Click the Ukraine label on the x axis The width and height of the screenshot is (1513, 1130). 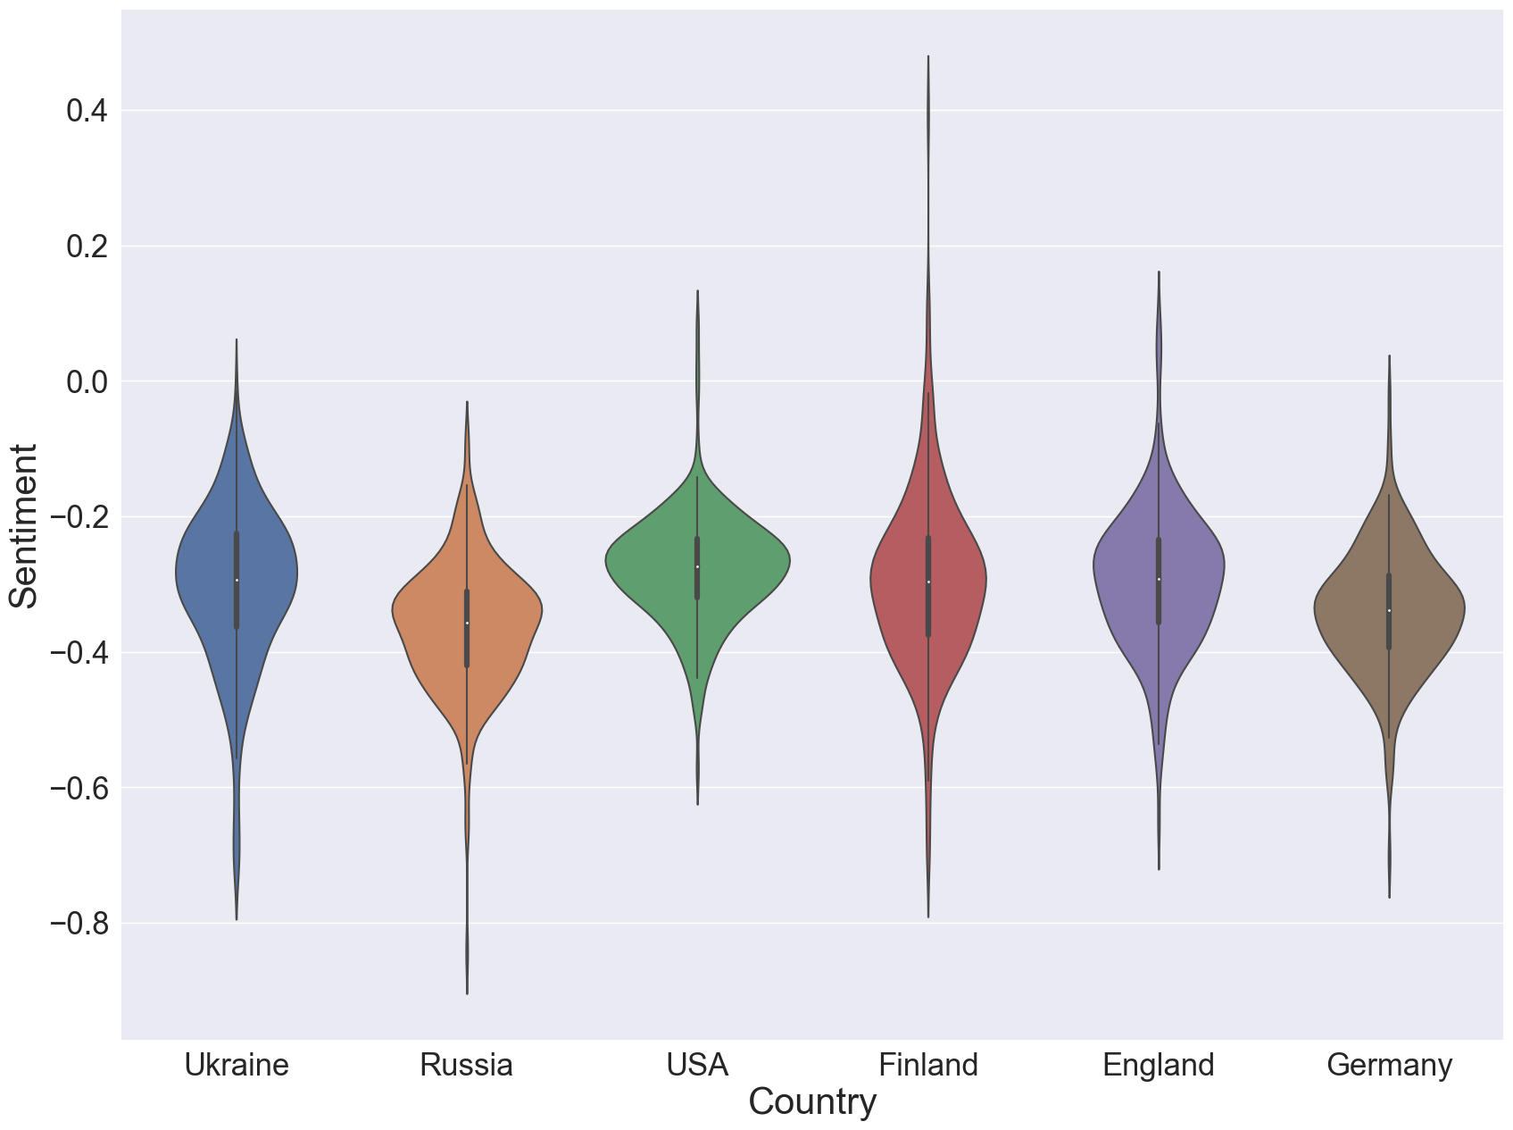tap(237, 1065)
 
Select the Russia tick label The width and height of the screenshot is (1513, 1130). tap(466, 1065)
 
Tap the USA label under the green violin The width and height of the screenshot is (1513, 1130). tap(697, 1065)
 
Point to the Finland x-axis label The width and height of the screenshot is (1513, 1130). tap(928, 1065)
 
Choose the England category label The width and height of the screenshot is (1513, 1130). tap(1159, 1065)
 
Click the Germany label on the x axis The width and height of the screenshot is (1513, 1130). tap(1389, 1065)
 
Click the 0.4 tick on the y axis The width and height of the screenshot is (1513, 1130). tap(87, 111)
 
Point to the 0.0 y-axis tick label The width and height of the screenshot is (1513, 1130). tap(87, 381)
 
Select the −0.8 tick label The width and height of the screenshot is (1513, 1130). tap(78, 923)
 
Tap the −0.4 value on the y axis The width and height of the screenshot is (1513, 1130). tap(78, 652)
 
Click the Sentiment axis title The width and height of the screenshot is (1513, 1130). tap(24, 526)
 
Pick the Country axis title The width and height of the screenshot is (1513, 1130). tap(812, 1102)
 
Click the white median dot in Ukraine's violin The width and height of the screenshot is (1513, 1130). tap(237, 581)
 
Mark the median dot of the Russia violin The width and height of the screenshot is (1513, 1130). tap(467, 623)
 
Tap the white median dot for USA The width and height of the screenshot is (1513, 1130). tap(697, 567)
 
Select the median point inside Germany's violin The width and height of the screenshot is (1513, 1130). tap(1389, 610)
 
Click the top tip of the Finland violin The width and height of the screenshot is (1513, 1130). tap(928, 57)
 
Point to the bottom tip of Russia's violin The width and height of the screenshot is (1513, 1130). tap(467, 992)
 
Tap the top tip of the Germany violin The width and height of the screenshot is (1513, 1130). tap(1389, 356)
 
